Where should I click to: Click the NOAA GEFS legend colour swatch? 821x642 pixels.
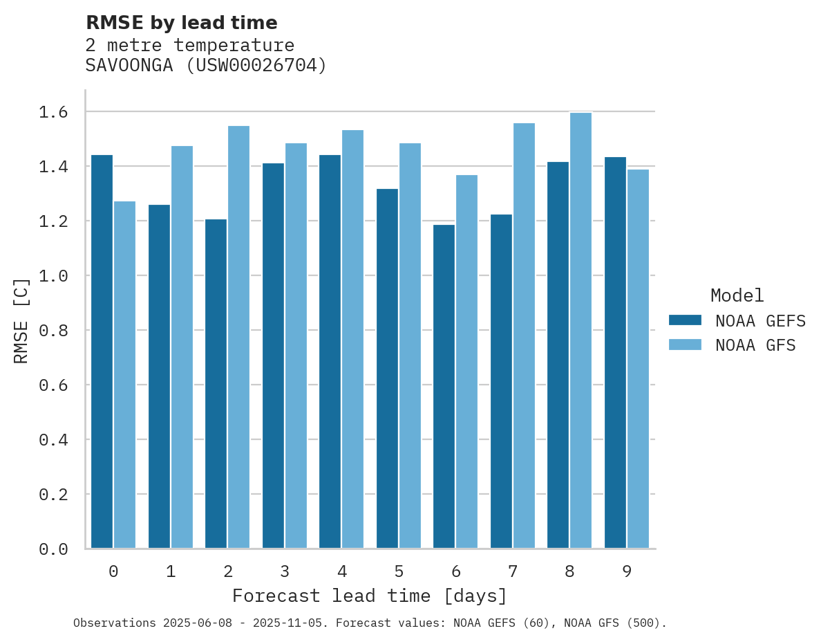685,320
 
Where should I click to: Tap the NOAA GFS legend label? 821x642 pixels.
755,345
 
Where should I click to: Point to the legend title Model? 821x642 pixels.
737,295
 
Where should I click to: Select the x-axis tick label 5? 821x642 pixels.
399,571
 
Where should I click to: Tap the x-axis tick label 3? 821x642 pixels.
285,571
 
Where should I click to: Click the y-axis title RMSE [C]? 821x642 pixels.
21,320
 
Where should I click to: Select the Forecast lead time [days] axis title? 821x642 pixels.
370,596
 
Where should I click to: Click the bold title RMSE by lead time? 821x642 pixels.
181,23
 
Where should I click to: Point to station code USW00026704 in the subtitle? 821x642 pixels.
256,66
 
